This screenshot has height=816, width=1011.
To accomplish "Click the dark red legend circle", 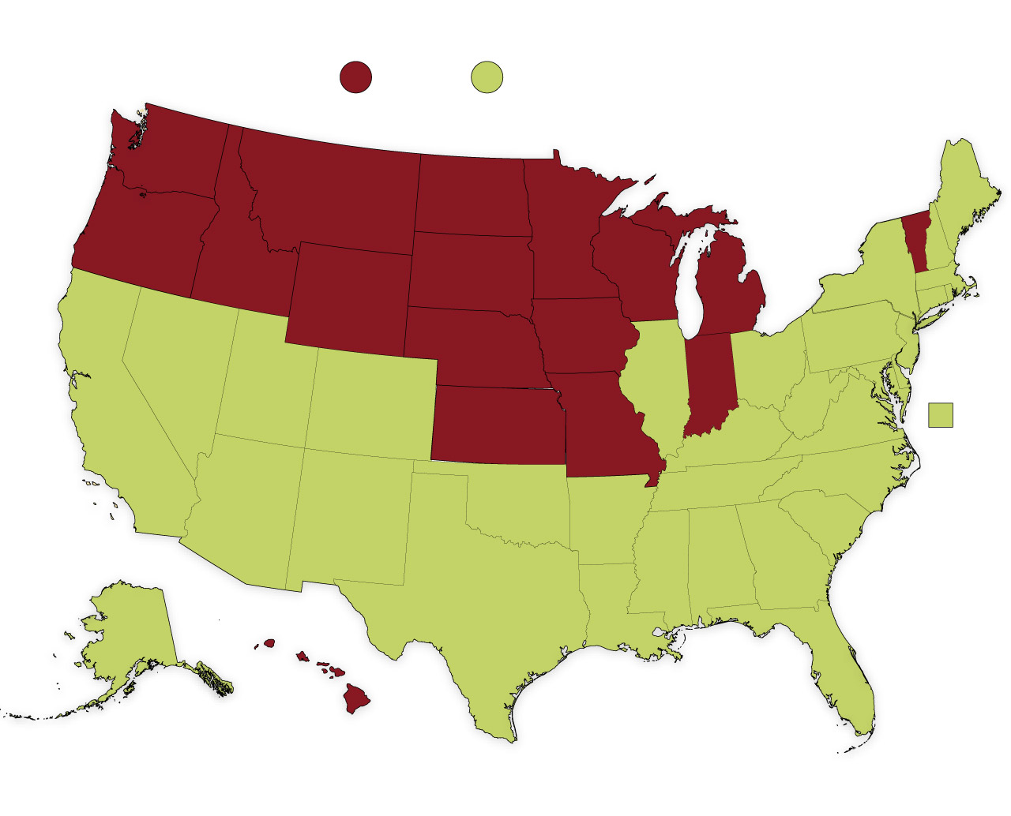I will [x=355, y=77].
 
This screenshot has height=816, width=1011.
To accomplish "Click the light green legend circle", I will [x=487, y=77].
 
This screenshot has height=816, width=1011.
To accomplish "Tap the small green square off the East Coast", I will [x=940, y=415].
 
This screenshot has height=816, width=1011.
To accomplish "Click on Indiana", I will [x=711, y=379].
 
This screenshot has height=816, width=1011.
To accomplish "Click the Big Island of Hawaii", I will [x=355, y=698].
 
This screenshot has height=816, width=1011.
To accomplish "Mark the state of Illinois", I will [x=660, y=379].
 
